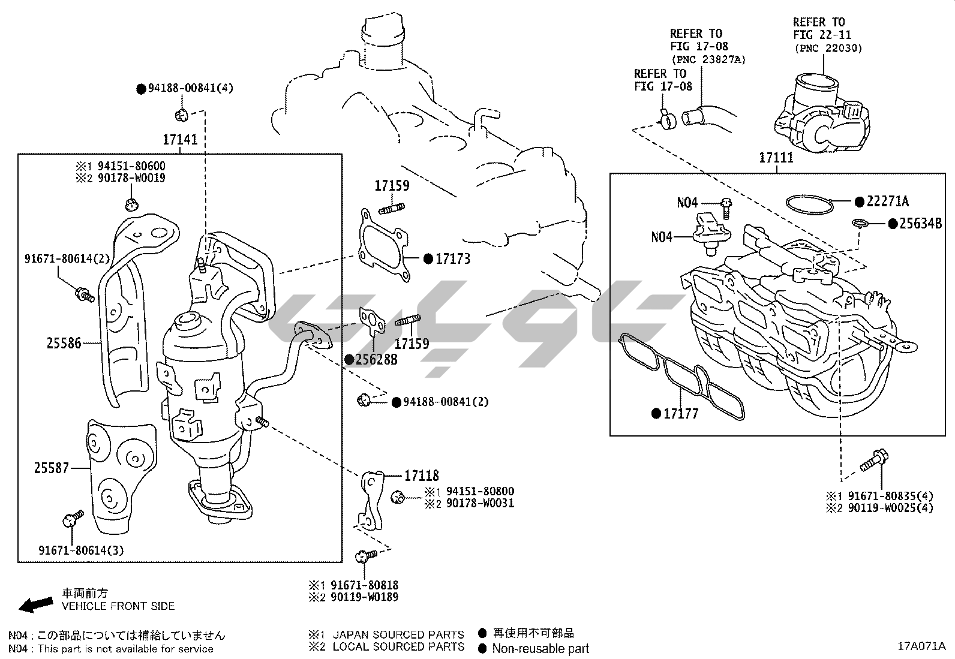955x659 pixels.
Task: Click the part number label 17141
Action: [x=180, y=140]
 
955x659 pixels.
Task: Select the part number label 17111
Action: [x=776, y=158]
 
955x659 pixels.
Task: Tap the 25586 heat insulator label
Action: [x=64, y=344]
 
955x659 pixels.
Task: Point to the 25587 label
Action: [x=52, y=468]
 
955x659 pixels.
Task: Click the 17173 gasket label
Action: [x=453, y=259]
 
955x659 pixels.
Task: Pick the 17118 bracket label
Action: [x=421, y=476]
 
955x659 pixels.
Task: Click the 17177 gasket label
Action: [x=681, y=413]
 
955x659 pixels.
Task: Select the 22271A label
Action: [x=887, y=201]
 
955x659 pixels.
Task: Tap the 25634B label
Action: [x=920, y=224]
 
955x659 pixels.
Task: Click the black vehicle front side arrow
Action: [x=35, y=604]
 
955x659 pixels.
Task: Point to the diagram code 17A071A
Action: [x=921, y=646]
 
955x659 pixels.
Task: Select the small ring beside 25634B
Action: [x=860, y=224]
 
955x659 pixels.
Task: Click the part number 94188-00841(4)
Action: [x=190, y=88]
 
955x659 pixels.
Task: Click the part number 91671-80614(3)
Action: [x=82, y=550]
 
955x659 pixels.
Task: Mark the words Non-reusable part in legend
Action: [x=540, y=648]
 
